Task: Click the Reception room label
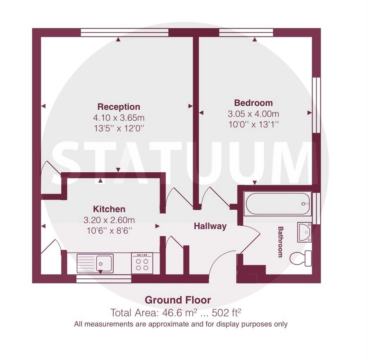tap(119, 107)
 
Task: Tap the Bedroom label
tap(253, 103)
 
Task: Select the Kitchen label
tap(109, 209)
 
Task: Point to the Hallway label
tap(210, 226)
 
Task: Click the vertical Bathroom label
tap(280, 242)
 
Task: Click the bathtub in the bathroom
tap(278, 203)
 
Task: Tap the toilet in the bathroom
tap(301, 258)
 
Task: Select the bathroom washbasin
tap(305, 232)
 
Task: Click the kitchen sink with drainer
tap(95, 264)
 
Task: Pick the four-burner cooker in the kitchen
tap(142, 263)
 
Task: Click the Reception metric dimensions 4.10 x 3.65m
tap(119, 117)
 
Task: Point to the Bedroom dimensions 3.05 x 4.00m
tap(253, 114)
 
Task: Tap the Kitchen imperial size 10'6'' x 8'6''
tap(109, 231)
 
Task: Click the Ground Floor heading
tap(178, 300)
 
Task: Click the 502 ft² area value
tap(227, 313)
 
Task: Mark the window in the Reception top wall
tap(124, 33)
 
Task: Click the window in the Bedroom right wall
tap(316, 105)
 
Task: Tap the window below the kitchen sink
tap(104, 279)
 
